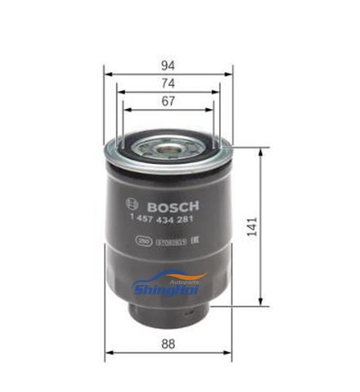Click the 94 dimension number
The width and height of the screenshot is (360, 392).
point(168,66)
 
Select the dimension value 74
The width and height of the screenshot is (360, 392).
point(168,84)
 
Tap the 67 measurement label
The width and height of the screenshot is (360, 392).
point(168,102)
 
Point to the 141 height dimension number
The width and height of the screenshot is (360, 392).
point(253,227)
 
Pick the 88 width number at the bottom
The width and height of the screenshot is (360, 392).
point(168,344)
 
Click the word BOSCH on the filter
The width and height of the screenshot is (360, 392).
point(173,207)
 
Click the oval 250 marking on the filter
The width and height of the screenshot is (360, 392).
point(143,241)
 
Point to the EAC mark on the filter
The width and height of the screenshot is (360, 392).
point(196,241)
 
